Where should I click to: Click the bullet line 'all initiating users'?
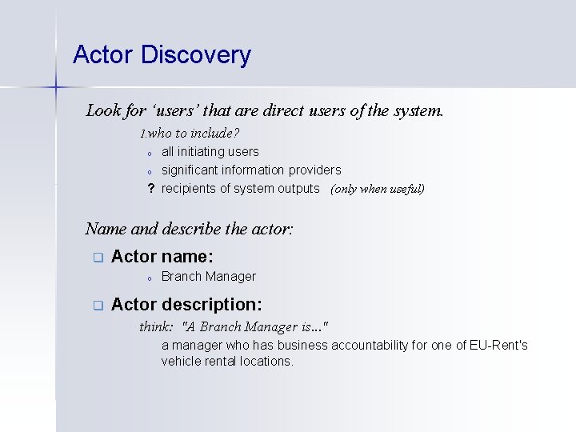coord(210,151)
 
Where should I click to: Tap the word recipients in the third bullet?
coord(188,188)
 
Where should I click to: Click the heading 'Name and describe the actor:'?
coord(190,229)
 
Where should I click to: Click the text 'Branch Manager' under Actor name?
coord(208,276)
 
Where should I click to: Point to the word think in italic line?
coord(155,326)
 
